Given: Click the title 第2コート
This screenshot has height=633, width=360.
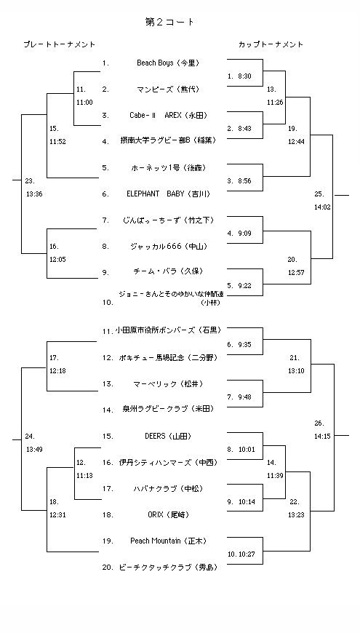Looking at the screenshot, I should pyautogui.click(x=170, y=23).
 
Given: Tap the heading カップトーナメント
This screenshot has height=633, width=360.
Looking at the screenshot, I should pyautogui.click(x=271, y=45).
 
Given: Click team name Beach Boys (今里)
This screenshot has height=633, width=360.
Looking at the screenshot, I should pyautogui.click(x=167, y=63).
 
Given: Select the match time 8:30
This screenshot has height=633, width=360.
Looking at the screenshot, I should pyautogui.click(x=244, y=76).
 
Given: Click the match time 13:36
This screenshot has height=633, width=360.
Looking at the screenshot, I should pyautogui.click(x=34, y=194).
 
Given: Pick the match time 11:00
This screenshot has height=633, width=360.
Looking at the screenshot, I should pyautogui.click(x=84, y=102).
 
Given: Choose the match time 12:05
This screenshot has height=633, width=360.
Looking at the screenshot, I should pyautogui.click(x=58, y=259).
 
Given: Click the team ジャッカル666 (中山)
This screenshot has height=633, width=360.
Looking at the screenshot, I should pyautogui.click(x=168, y=246).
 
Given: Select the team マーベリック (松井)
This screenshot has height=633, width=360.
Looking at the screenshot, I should pyautogui.click(x=168, y=383).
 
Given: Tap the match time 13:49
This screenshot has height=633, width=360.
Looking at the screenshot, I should pyautogui.click(x=34, y=449).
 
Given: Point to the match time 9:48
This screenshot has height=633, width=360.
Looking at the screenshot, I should pyautogui.click(x=244, y=397).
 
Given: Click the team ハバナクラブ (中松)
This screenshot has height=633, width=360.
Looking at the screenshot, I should pyautogui.click(x=168, y=488).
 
